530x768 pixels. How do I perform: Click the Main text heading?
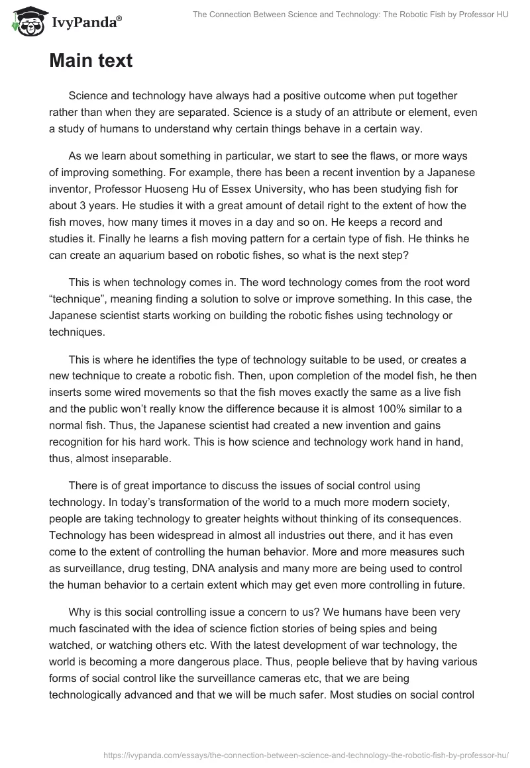click(x=91, y=61)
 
